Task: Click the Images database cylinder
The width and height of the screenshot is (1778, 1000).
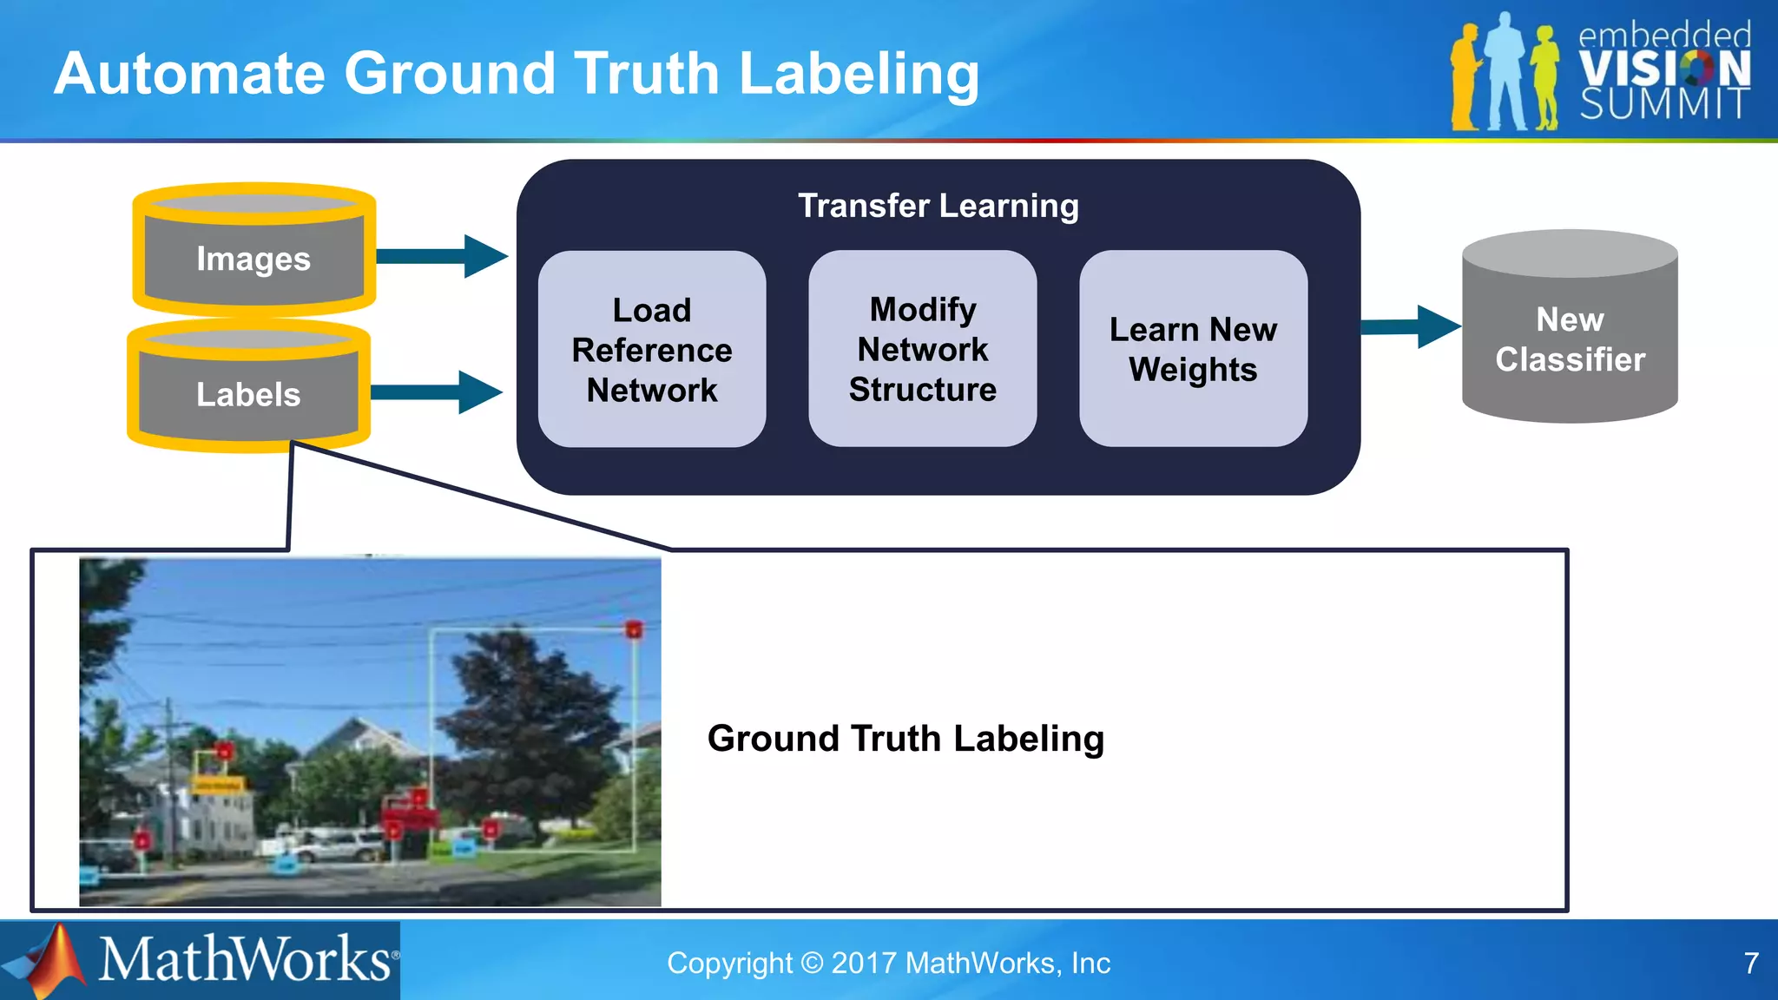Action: (x=254, y=252)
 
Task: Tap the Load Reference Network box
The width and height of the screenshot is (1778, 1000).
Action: (x=652, y=350)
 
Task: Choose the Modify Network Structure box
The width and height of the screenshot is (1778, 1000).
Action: (x=922, y=349)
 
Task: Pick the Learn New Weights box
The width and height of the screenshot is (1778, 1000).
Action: (x=1193, y=349)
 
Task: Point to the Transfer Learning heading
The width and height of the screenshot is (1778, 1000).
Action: (x=938, y=206)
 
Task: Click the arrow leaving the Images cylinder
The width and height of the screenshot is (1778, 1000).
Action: (x=443, y=255)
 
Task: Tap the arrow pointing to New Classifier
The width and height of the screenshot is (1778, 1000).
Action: (x=1411, y=326)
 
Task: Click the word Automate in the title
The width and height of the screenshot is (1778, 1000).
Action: (x=188, y=73)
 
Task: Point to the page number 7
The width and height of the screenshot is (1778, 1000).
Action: (x=1751, y=963)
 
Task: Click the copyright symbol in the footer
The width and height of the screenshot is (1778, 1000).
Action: (x=812, y=963)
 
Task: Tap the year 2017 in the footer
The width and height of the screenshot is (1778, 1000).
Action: (x=864, y=963)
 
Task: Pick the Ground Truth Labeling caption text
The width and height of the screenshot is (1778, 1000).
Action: (x=905, y=739)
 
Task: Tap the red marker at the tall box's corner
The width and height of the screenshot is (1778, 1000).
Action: (x=634, y=629)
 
